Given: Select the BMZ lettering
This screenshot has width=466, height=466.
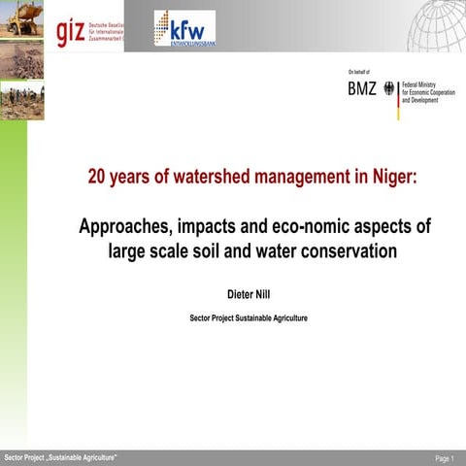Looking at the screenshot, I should tap(362, 89).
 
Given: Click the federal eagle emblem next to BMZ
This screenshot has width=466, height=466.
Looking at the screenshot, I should tap(389, 89).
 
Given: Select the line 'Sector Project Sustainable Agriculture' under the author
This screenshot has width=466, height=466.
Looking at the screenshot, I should tap(248, 317).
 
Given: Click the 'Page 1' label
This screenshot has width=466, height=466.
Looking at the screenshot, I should tap(444, 457).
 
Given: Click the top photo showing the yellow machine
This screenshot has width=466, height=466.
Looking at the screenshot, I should tap(21, 19).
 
